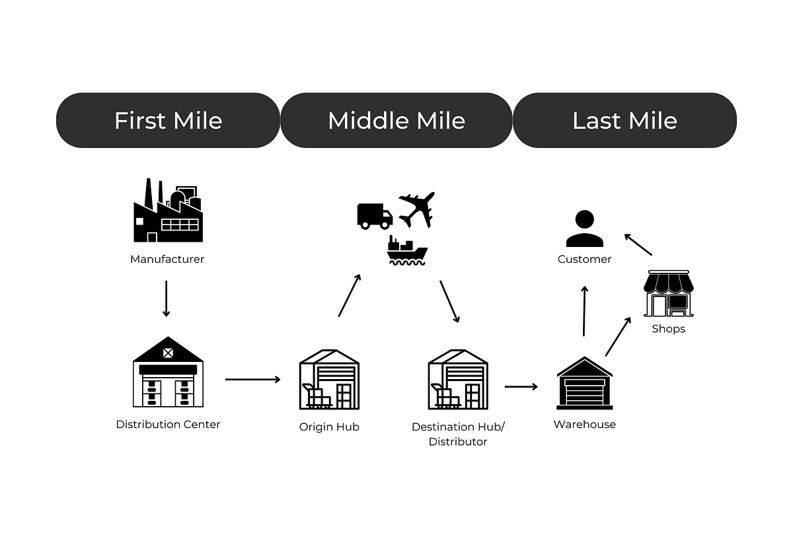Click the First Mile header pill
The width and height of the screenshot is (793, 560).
tap(168, 120)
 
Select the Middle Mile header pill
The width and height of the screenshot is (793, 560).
tap(397, 120)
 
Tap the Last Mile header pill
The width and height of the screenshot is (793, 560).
tap(624, 120)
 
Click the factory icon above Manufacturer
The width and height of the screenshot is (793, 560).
tap(168, 211)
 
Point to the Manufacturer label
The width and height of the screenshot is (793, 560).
tap(167, 260)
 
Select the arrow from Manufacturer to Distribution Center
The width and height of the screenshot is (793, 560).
tap(167, 298)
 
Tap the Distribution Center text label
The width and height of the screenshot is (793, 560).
tap(168, 425)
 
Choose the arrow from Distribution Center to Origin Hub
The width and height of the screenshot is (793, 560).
tap(252, 380)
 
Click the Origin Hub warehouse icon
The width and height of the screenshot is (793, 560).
tap(329, 379)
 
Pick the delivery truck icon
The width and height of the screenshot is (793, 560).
tap(375, 216)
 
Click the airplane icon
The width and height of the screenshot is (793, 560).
tap(416, 209)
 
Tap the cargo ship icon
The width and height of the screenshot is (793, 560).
tap(408, 250)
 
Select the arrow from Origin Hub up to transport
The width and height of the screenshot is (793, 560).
tap(350, 295)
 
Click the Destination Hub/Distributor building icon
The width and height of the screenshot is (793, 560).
tap(458, 379)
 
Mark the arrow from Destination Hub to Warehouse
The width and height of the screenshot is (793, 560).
tap(521, 386)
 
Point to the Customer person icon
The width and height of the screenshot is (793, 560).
tap(584, 228)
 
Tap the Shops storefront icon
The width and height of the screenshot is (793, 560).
tap(669, 293)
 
